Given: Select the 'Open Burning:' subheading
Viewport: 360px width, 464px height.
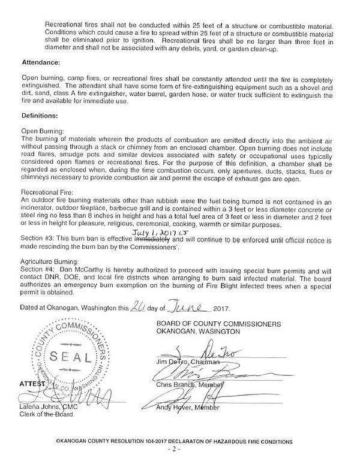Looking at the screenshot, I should (43, 129).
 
